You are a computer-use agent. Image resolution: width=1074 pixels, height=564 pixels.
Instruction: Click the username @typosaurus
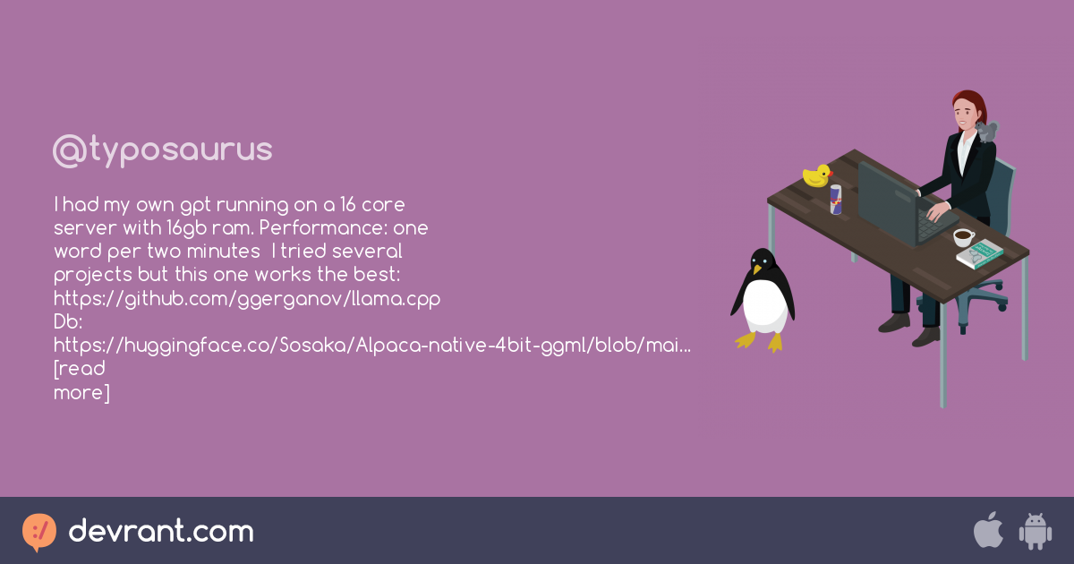pos(163,151)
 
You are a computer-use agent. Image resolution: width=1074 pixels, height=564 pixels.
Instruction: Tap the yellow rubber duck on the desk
pos(817,175)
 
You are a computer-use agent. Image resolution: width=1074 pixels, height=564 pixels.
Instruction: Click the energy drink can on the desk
pos(836,200)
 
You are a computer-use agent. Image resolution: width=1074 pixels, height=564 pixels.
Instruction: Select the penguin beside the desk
pos(763,300)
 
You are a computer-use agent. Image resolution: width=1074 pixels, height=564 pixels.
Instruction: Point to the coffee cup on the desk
pos(963,237)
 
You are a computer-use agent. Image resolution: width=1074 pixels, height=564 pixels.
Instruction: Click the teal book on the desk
pos(979,254)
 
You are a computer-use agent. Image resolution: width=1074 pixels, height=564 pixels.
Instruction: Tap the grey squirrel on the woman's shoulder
pos(987,131)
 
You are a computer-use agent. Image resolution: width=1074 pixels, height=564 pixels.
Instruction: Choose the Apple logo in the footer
pos(988,530)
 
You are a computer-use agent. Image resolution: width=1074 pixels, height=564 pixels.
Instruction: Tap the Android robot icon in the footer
pos(1036,532)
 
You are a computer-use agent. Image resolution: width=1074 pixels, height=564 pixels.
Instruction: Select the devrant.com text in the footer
pos(161,531)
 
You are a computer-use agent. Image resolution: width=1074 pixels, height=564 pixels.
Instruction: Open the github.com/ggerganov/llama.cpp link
pos(247,299)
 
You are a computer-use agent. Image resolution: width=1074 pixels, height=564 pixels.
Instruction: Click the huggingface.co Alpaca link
pos(372,346)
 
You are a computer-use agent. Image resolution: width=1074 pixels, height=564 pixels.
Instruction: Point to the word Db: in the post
pos(68,321)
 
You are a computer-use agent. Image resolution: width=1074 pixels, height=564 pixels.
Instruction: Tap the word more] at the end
pos(81,393)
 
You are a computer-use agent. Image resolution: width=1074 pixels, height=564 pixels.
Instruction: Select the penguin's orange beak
pos(756,269)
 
